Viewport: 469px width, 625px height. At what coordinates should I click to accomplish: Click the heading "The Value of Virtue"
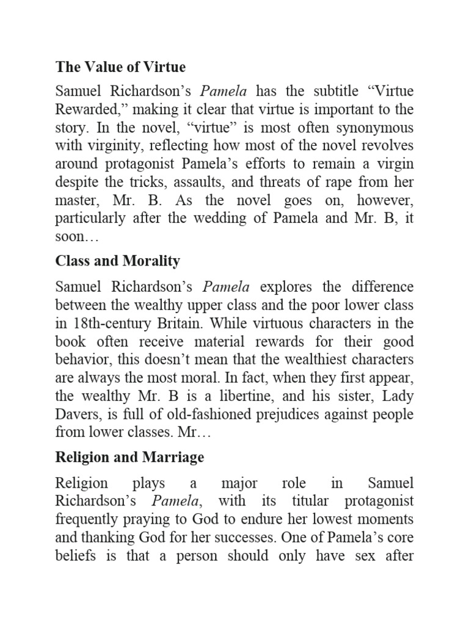120,67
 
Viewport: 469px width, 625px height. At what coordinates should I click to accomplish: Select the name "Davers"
76,414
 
